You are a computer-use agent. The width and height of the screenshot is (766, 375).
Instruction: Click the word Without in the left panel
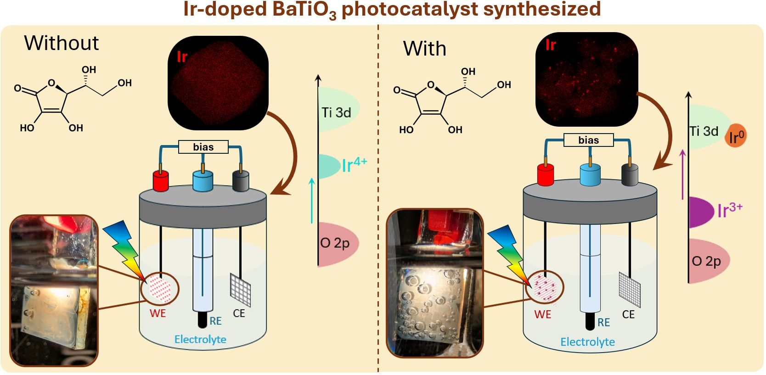point(62,43)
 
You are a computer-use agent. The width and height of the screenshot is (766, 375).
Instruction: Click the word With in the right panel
point(424,49)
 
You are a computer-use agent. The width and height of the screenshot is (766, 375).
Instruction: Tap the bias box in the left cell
point(203,147)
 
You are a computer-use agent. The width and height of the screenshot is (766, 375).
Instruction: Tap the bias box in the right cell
point(588,140)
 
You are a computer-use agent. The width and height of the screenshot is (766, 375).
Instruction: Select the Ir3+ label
point(729,210)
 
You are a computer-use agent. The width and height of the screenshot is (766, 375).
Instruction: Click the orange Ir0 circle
point(736,136)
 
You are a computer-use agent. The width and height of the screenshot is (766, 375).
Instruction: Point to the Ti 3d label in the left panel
point(336,112)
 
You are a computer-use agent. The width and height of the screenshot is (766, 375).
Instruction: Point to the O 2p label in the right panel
point(706,261)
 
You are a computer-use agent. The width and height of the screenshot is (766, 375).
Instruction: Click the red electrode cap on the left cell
point(161,180)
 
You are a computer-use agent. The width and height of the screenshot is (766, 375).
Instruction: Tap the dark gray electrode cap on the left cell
point(241,180)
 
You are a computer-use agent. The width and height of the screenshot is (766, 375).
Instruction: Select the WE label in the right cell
point(542,314)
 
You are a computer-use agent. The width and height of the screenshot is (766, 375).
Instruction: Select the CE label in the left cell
point(239,313)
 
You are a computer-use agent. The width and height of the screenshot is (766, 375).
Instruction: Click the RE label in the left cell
point(215,321)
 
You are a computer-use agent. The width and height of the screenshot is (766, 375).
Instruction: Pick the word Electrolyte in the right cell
point(587,342)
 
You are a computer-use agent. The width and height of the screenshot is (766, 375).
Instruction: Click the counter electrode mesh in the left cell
point(240,289)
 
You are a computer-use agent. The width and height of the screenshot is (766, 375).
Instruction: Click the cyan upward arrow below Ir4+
point(312,200)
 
